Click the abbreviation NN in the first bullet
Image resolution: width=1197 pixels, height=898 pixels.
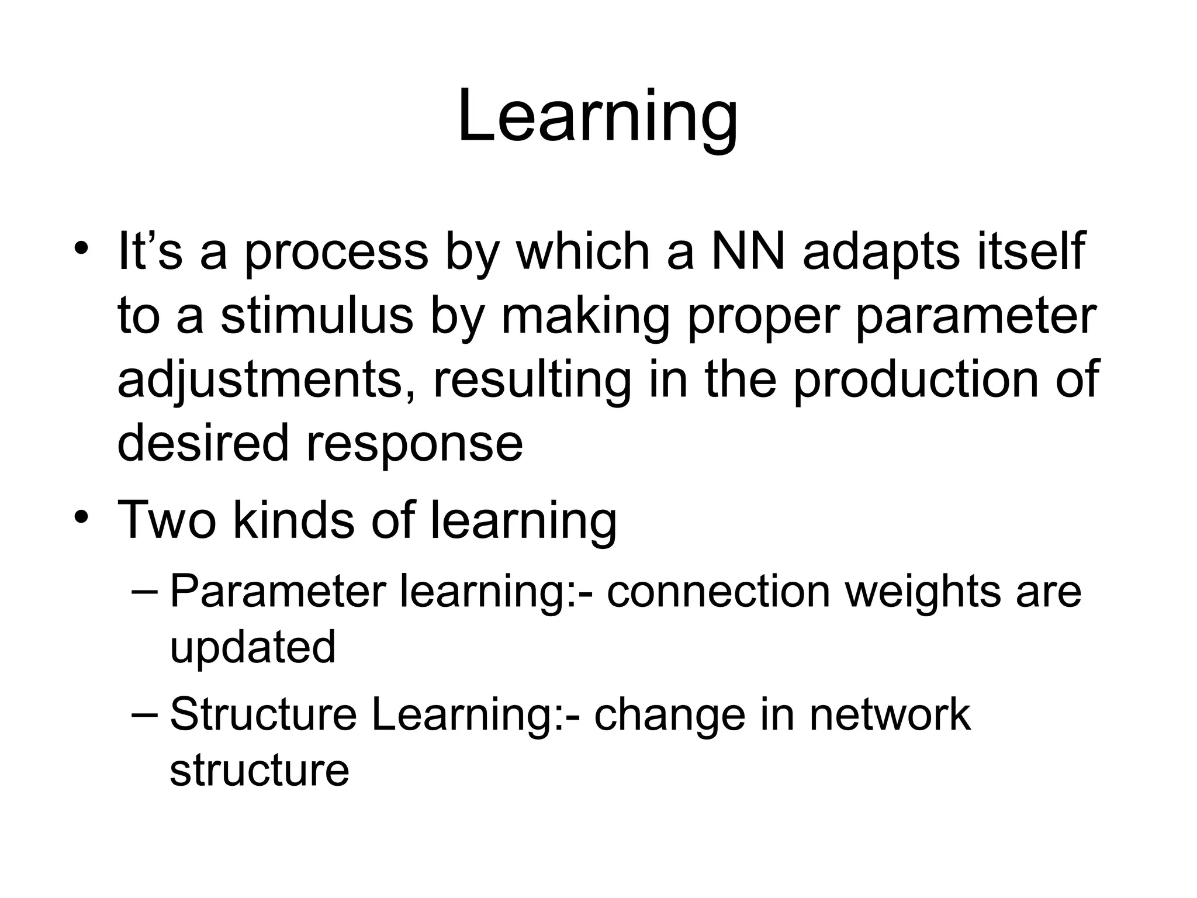(x=748, y=252)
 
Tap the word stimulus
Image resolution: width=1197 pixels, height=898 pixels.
(x=317, y=316)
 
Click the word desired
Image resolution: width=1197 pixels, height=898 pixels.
(x=203, y=443)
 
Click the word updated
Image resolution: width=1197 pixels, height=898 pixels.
(x=252, y=648)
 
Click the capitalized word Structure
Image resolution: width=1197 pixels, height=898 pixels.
(x=263, y=714)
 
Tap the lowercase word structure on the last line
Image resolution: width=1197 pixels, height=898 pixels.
(x=259, y=771)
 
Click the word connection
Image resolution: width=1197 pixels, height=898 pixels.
(x=718, y=592)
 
